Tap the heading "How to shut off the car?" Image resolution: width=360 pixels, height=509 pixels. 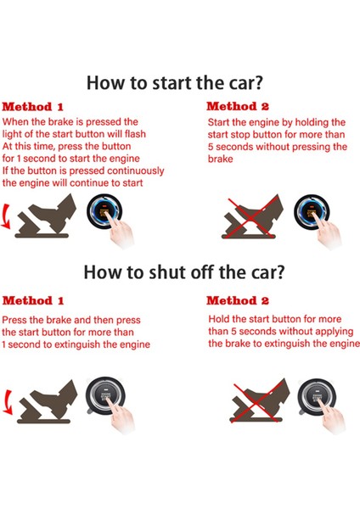point(179,272)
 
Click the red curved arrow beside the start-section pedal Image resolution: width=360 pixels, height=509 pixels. point(8,219)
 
